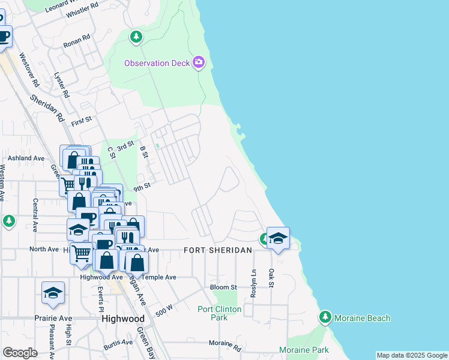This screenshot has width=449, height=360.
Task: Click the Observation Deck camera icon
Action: coord(199,62)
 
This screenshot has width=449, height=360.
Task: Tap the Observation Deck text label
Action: coord(157,63)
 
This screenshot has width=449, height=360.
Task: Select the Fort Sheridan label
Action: coord(217,250)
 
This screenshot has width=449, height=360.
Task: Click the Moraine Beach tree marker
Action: coord(325,317)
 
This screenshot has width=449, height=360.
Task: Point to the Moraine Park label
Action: coord(304,350)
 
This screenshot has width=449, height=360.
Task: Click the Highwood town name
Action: coord(123,319)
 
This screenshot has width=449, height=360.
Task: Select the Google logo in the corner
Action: coord(20,353)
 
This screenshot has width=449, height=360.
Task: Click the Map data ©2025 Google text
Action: coord(412,356)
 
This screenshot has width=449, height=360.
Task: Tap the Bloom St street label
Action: coord(223,287)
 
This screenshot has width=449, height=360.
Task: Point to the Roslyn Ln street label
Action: coord(254,280)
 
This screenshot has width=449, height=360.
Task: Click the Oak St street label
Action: coord(271,278)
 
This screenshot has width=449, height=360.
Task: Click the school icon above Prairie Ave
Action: coord(53,293)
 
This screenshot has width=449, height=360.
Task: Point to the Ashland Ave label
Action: coord(26,158)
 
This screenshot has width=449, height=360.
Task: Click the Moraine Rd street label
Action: coord(224,346)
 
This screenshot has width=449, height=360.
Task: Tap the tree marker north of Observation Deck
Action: coord(136,37)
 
